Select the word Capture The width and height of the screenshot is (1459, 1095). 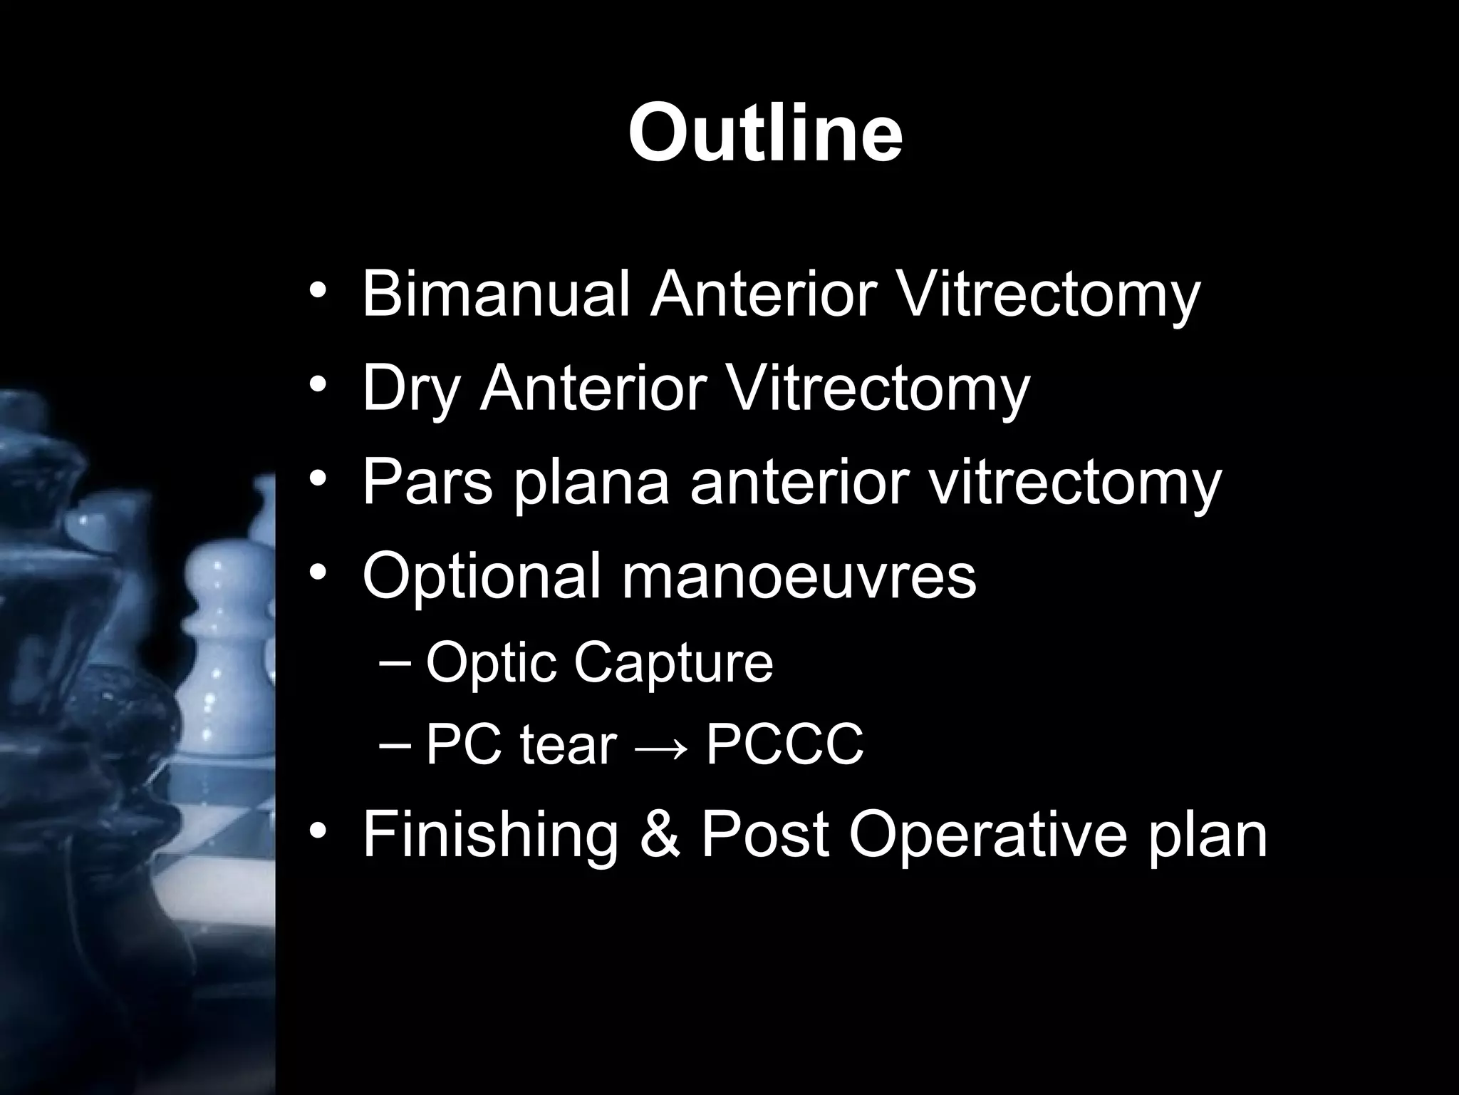tap(673, 663)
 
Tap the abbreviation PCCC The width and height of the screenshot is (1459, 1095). tap(784, 745)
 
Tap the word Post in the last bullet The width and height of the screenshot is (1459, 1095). tap(765, 834)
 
